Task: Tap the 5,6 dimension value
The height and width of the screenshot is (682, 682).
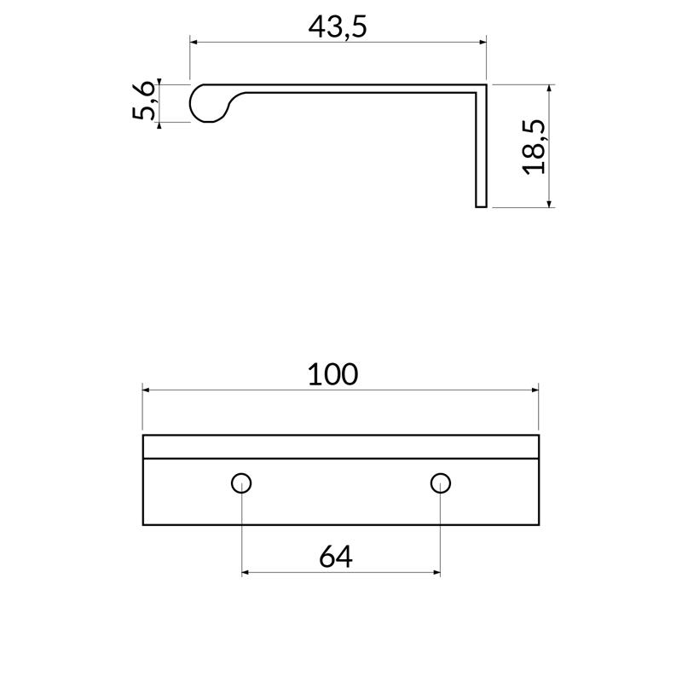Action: click(145, 102)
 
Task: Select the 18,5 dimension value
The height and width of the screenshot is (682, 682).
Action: click(534, 147)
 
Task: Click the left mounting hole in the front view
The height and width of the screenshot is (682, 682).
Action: click(242, 483)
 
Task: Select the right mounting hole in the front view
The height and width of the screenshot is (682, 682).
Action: click(440, 483)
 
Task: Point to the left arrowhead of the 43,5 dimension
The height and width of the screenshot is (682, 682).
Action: click(194, 41)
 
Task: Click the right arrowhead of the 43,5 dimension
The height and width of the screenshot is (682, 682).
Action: click(482, 41)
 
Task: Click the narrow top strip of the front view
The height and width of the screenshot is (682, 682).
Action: click(341, 447)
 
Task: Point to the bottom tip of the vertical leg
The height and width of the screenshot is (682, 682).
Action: click(481, 205)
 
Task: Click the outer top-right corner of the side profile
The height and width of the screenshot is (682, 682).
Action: click(486, 84)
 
